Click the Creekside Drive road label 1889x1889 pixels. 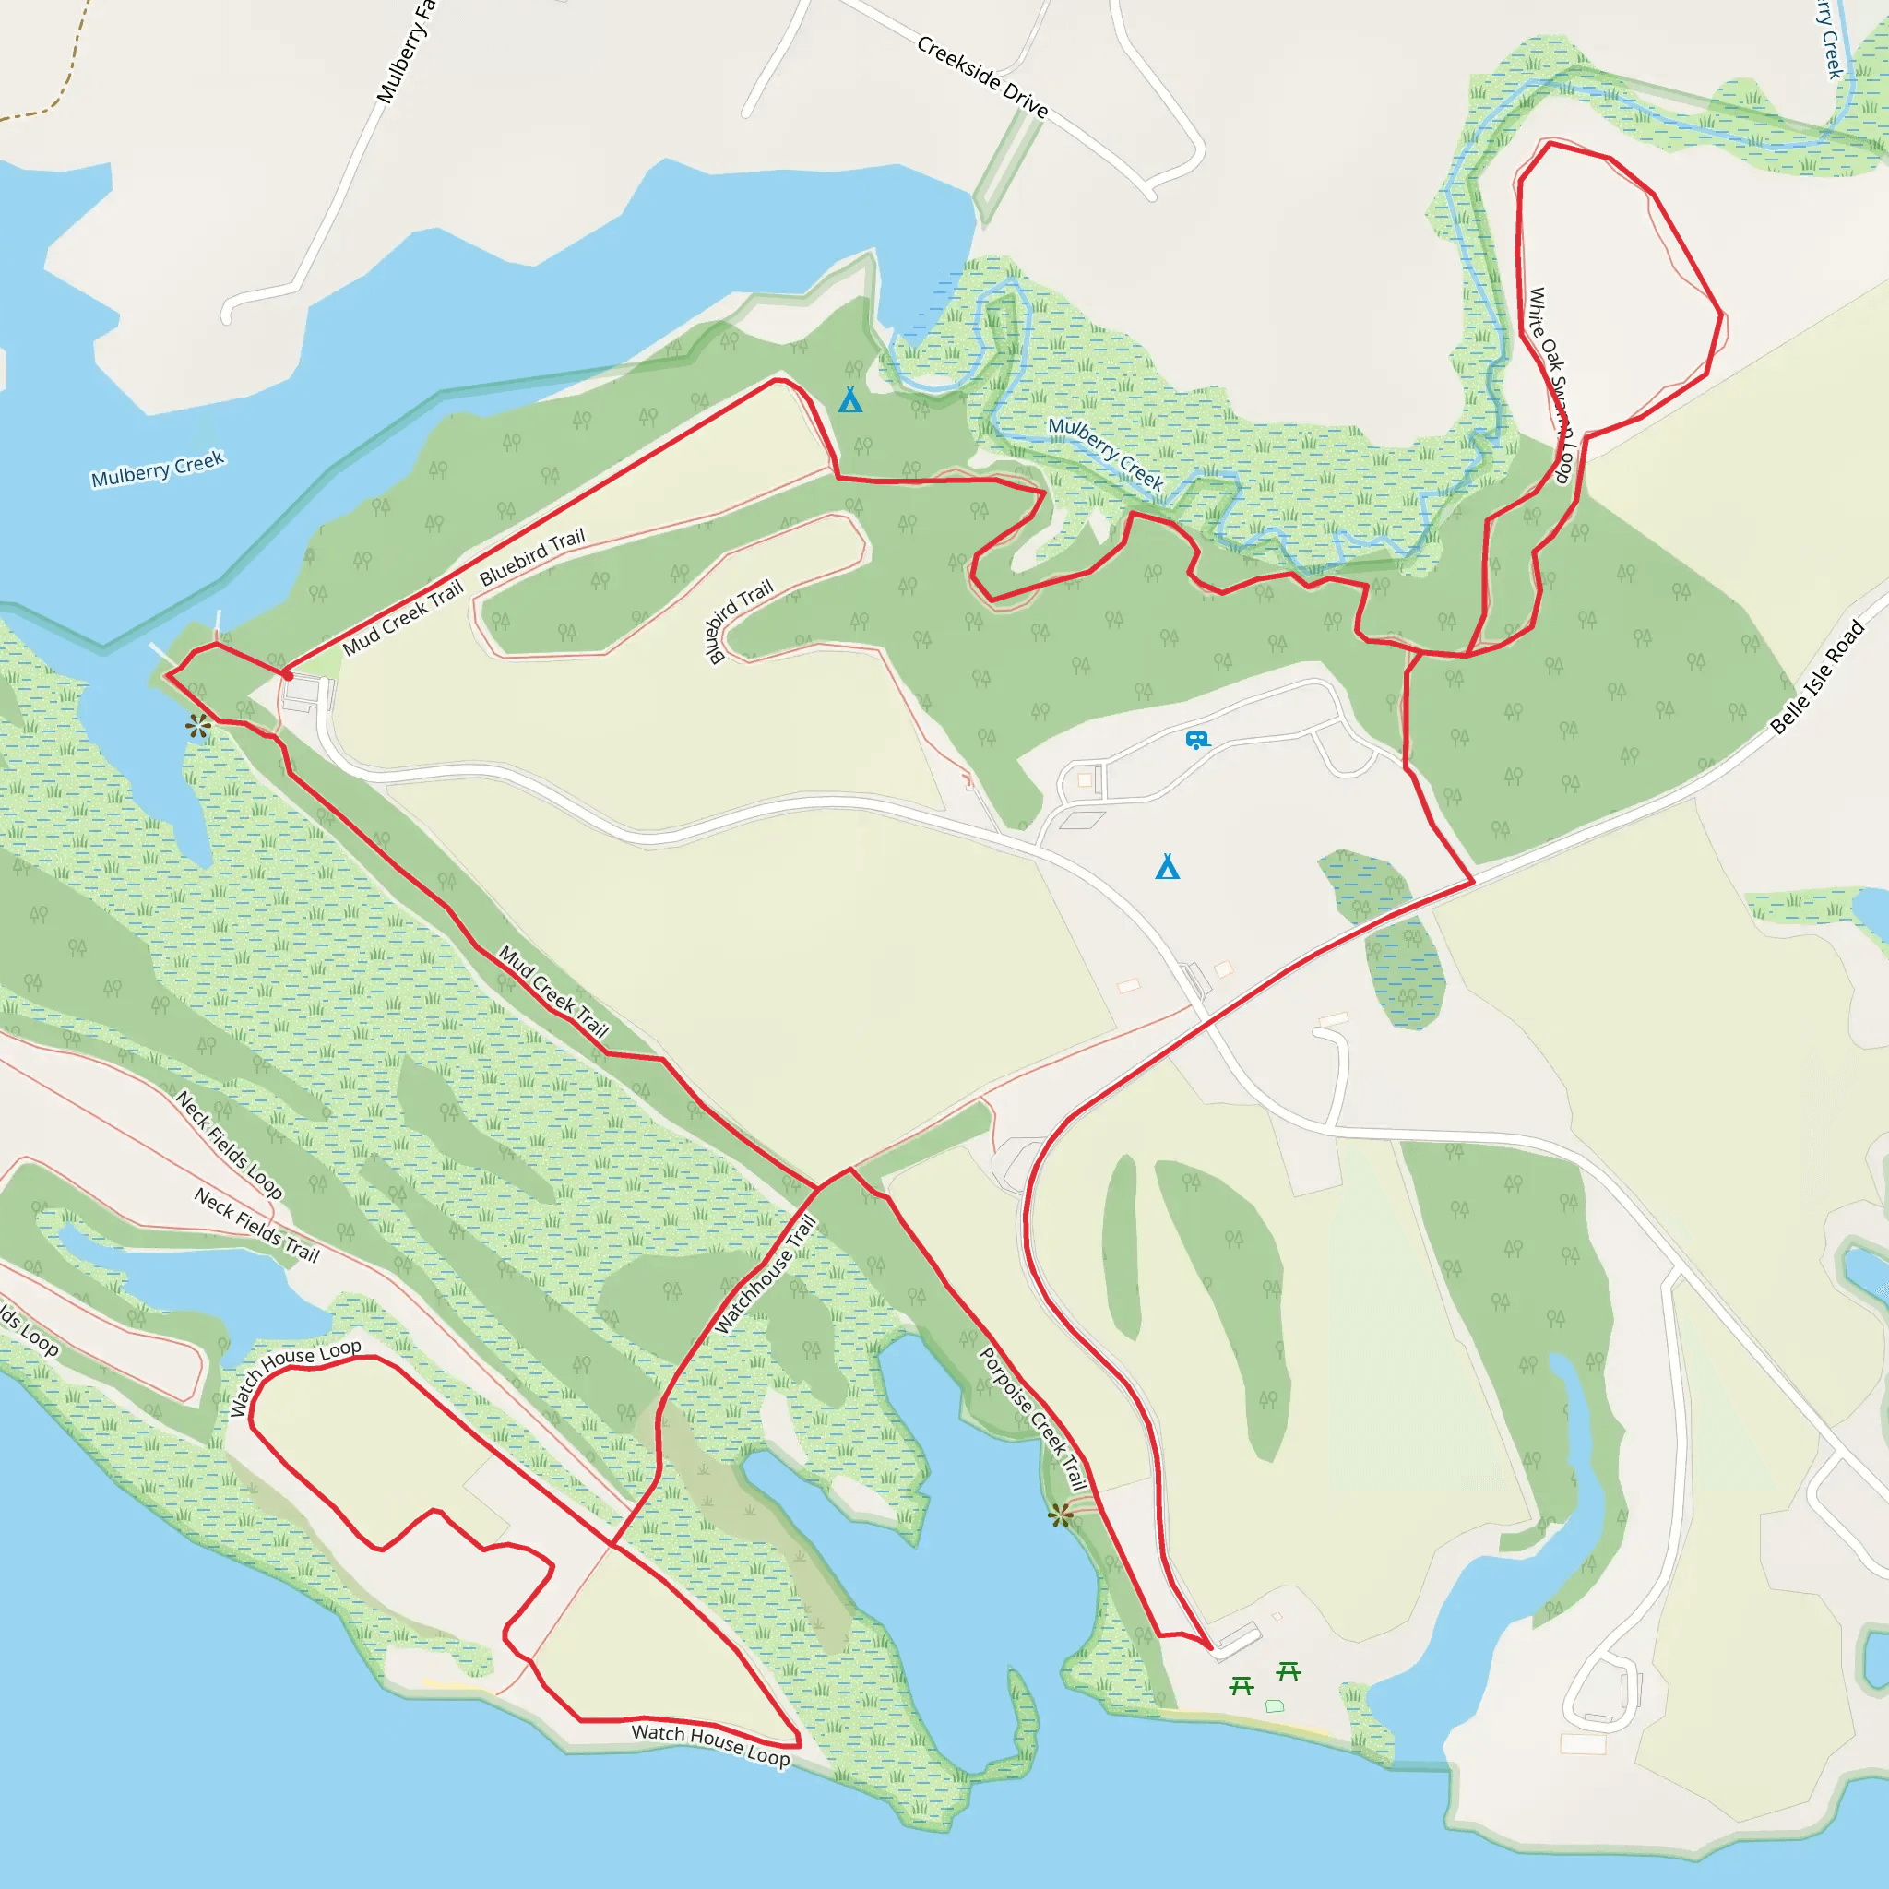[x=981, y=77]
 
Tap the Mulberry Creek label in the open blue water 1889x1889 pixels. [x=158, y=469]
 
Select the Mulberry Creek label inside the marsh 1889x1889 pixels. [x=1105, y=453]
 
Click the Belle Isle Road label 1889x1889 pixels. [x=1817, y=677]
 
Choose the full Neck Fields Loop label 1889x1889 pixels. [x=229, y=1145]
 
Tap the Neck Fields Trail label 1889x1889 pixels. [x=256, y=1224]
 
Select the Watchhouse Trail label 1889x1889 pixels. [x=765, y=1273]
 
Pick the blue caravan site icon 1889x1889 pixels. [x=1196, y=740]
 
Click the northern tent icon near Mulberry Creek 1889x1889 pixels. [x=849, y=400]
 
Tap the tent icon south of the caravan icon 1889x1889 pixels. [x=1168, y=866]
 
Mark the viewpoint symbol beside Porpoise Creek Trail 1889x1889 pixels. [x=1060, y=1515]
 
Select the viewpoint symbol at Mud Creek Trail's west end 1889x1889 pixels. [x=198, y=726]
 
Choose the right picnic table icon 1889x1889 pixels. [x=1289, y=1671]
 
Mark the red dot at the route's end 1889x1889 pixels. [x=288, y=675]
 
